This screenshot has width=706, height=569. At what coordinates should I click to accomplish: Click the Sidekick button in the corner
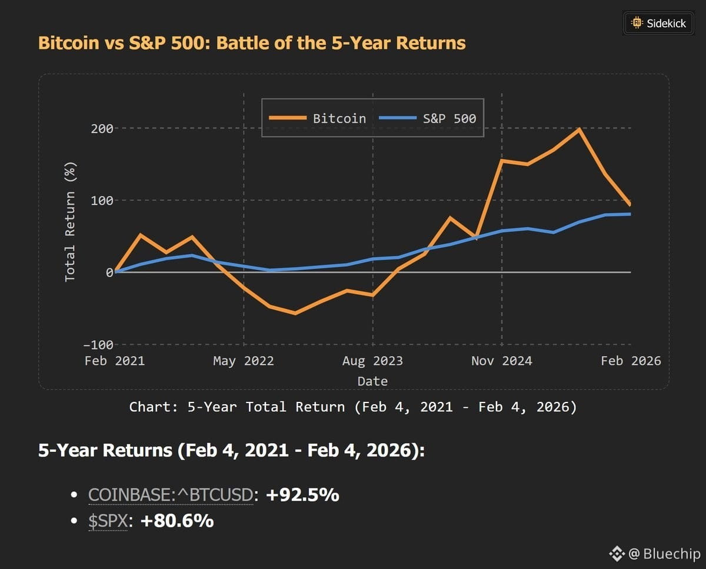tap(658, 23)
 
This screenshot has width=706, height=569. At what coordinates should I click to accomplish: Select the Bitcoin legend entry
tap(317, 118)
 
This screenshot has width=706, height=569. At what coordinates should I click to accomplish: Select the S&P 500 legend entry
tap(428, 118)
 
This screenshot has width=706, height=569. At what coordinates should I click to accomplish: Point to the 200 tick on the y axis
tap(102, 128)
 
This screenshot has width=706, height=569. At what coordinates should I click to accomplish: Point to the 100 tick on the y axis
tap(102, 201)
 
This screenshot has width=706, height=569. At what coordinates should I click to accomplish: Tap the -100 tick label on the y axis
tap(98, 345)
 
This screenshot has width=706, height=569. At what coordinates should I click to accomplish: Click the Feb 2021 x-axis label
tap(114, 361)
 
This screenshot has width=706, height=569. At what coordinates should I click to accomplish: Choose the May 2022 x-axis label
tap(244, 361)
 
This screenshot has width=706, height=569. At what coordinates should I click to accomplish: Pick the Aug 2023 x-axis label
tap(372, 361)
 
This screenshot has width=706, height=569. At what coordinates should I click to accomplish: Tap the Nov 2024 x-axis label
tap(501, 361)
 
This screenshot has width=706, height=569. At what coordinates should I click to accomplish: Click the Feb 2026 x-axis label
tap(631, 361)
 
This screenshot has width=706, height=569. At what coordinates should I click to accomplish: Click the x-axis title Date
tap(372, 381)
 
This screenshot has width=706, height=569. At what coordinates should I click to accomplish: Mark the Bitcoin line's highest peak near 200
tap(580, 129)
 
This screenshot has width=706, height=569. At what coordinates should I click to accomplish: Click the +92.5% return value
tap(302, 495)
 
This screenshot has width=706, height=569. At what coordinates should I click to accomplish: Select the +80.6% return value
tap(176, 521)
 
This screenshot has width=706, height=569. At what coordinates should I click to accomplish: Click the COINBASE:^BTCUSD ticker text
tap(171, 495)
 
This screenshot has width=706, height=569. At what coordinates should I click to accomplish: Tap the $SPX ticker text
tap(108, 521)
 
